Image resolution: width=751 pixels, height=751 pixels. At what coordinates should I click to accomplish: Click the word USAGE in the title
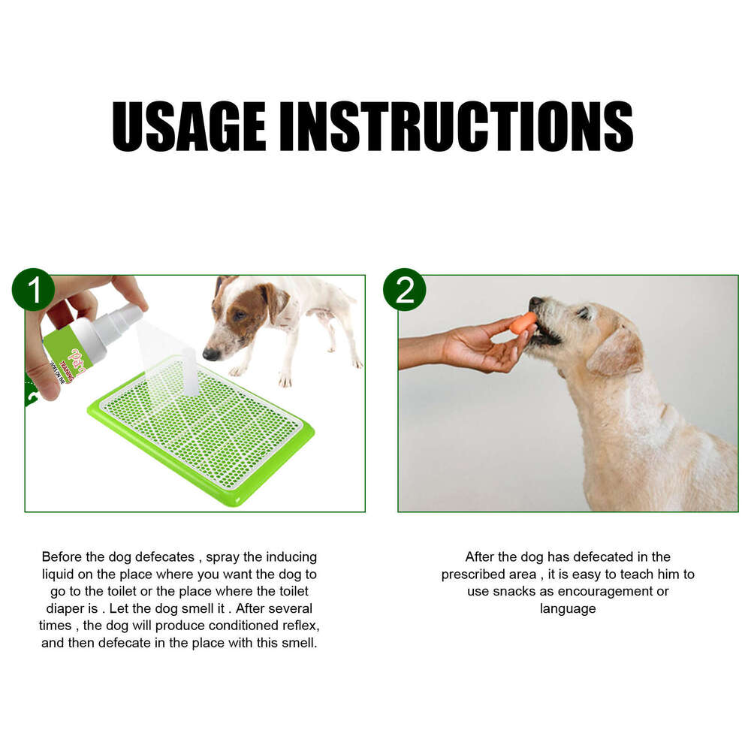[x=189, y=126]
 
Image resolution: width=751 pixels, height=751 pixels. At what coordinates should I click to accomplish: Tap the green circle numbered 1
[x=33, y=290]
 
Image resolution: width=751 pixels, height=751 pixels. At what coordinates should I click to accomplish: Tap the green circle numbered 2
[x=404, y=290]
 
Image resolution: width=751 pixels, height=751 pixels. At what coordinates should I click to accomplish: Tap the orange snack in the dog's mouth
[x=523, y=323]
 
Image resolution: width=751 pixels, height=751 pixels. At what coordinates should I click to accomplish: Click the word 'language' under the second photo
[x=568, y=609]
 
